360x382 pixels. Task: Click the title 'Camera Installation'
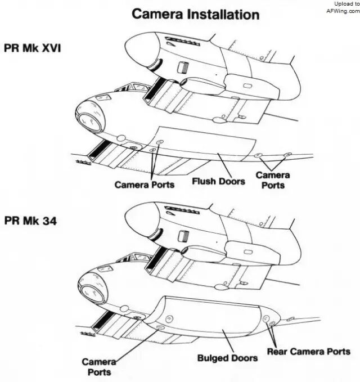pyautogui.click(x=196, y=14)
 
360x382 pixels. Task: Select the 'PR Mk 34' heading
pyautogui.click(x=30, y=221)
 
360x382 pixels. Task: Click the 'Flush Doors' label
pyautogui.click(x=219, y=182)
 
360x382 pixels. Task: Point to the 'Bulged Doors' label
pyautogui.click(x=227, y=358)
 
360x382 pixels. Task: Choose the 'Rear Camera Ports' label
pyautogui.click(x=308, y=352)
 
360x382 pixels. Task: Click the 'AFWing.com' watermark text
pyautogui.click(x=343, y=11)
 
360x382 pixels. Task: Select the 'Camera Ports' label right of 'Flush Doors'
pyautogui.click(x=273, y=179)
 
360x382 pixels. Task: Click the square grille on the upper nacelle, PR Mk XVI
pyautogui.click(x=181, y=68)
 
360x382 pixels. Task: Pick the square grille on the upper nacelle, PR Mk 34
pyautogui.click(x=181, y=237)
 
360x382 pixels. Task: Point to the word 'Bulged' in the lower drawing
pyautogui.click(x=213, y=358)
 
